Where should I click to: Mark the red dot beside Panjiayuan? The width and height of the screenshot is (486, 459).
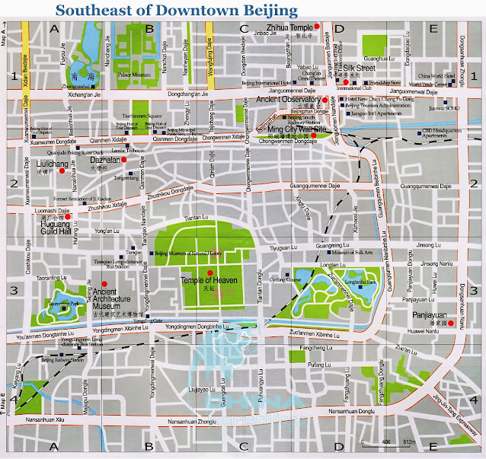click(x=451, y=323)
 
